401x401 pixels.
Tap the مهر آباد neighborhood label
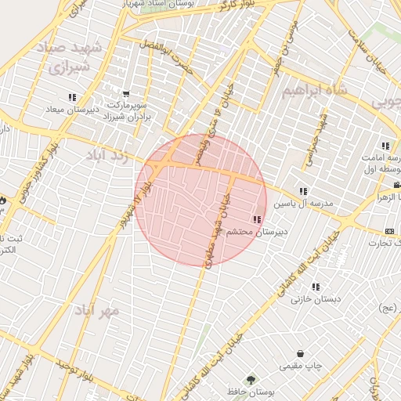(97, 310)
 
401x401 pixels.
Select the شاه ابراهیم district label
(312, 92)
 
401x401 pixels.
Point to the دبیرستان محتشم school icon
(256, 220)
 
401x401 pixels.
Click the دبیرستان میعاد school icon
(73, 98)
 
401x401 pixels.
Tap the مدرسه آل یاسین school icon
(303, 191)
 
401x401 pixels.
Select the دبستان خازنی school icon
(316, 287)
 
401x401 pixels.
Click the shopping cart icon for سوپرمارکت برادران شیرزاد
(126, 94)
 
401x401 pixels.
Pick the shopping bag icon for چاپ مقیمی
(302, 354)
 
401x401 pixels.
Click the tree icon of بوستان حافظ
(251, 379)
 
